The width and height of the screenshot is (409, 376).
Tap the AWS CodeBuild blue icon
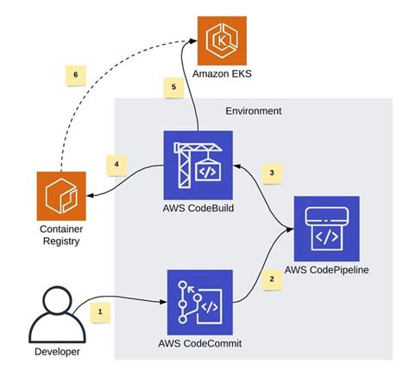click(x=198, y=164)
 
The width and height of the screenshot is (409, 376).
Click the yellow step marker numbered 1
click(x=100, y=308)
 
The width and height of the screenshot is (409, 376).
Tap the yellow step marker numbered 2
click(x=272, y=279)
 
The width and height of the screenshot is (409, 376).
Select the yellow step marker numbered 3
click(x=272, y=172)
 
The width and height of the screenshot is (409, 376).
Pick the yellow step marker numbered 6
click(x=76, y=75)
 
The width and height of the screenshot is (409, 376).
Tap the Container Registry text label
click(x=60, y=235)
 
